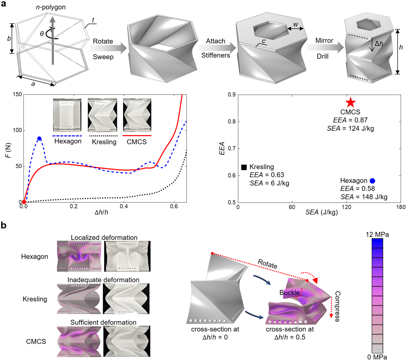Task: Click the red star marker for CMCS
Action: coord(350,102)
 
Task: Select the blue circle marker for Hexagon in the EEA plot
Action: coord(372,181)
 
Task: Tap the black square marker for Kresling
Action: coord(244,167)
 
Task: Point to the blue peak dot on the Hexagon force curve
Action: coord(39,138)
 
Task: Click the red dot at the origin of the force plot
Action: coord(24,202)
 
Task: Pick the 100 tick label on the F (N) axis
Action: coord(17,130)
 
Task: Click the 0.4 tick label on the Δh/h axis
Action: coord(124,206)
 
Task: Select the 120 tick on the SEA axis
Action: coord(346,207)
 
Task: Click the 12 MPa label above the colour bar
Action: coord(377,234)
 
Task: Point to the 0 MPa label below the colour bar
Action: coord(377,357)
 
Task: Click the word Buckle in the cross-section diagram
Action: coord(289,293)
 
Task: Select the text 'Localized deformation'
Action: coord(104,238)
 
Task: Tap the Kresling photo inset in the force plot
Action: coord(102,115)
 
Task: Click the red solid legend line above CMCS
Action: coord(137,135)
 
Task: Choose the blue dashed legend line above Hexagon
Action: coord(67,136)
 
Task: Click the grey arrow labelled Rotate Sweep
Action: coord(108,48)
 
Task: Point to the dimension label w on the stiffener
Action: coord(296,24)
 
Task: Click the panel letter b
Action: coord(4,225)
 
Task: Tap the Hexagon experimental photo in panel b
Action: coord(127,256)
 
